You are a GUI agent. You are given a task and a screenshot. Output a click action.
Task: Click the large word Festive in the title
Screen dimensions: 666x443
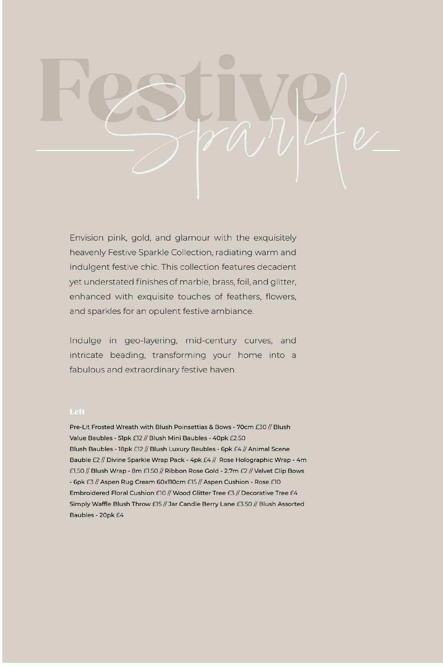coord(177,90)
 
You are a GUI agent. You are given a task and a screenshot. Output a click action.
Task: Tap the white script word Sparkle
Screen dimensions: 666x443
coord(240,140)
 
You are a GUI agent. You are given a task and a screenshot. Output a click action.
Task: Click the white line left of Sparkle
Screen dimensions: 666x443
coord(85,150)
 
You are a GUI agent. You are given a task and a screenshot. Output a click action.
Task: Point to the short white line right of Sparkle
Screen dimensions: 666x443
coord(386,150)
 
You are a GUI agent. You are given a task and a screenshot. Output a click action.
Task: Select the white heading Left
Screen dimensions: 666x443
coord(77,411)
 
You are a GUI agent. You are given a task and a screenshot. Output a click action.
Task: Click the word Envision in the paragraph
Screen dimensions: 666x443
coord(86,238)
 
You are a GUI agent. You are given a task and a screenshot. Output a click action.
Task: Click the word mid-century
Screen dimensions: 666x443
coord(211,341)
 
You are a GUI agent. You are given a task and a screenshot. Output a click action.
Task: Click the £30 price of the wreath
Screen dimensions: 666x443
coord(261,427)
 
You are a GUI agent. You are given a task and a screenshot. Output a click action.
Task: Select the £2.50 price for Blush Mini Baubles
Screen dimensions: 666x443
coord(237,438)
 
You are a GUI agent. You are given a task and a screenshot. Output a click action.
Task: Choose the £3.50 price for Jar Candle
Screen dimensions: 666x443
coord(244,504)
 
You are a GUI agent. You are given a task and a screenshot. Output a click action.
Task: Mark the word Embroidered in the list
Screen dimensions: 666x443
coord(88,493)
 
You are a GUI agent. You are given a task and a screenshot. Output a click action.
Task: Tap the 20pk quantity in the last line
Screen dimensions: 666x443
coord(106,515)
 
